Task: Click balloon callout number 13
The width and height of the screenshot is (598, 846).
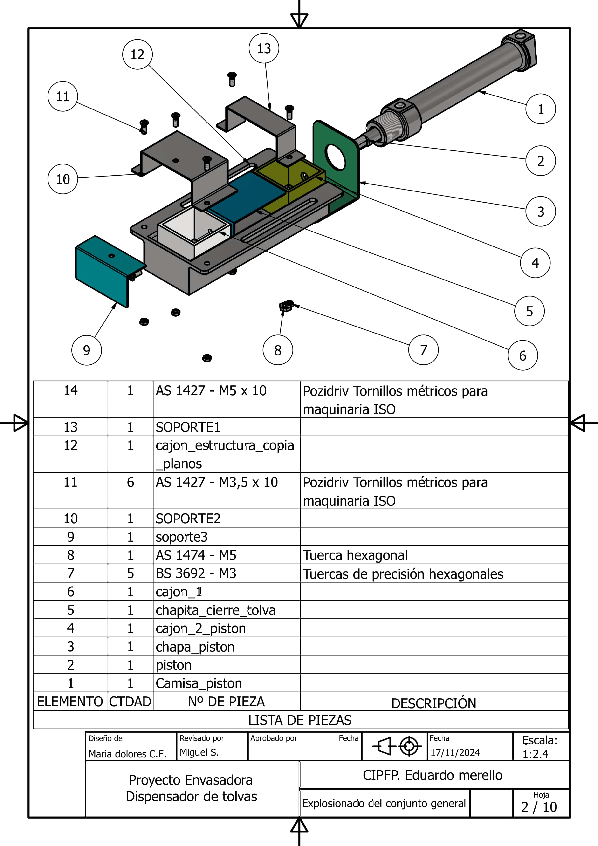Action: pyautogui.click(x=264, y=48)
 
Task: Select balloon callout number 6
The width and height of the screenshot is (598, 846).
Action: pyautogui.click(x=522, y=355)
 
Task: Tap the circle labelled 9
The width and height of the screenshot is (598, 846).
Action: pyautogui.click(x=87, y=350)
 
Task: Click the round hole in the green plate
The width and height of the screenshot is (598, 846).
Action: pyautogui.click(x=335, y=158)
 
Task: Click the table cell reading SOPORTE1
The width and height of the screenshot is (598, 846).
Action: pyautogui.click(x=188, y=427)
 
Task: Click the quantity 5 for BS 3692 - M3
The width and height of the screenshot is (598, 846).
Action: pyautogui.click(x=131, y=573)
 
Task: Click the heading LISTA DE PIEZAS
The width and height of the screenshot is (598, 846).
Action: pyautogui.click(x=300, y=720)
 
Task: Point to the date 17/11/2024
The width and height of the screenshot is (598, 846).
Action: pyautogui.click(x=455, y=752)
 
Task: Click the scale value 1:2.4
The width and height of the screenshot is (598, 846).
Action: pyautogui.click(x=535, y=754)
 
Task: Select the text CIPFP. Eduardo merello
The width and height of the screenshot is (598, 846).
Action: pyautogui.click(x=432, y=775)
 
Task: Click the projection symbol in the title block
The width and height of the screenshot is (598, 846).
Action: pyautogui.click(x=395, y=746)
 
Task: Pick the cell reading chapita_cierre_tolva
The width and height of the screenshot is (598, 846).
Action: pyautogui.click(x=216, y=610)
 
